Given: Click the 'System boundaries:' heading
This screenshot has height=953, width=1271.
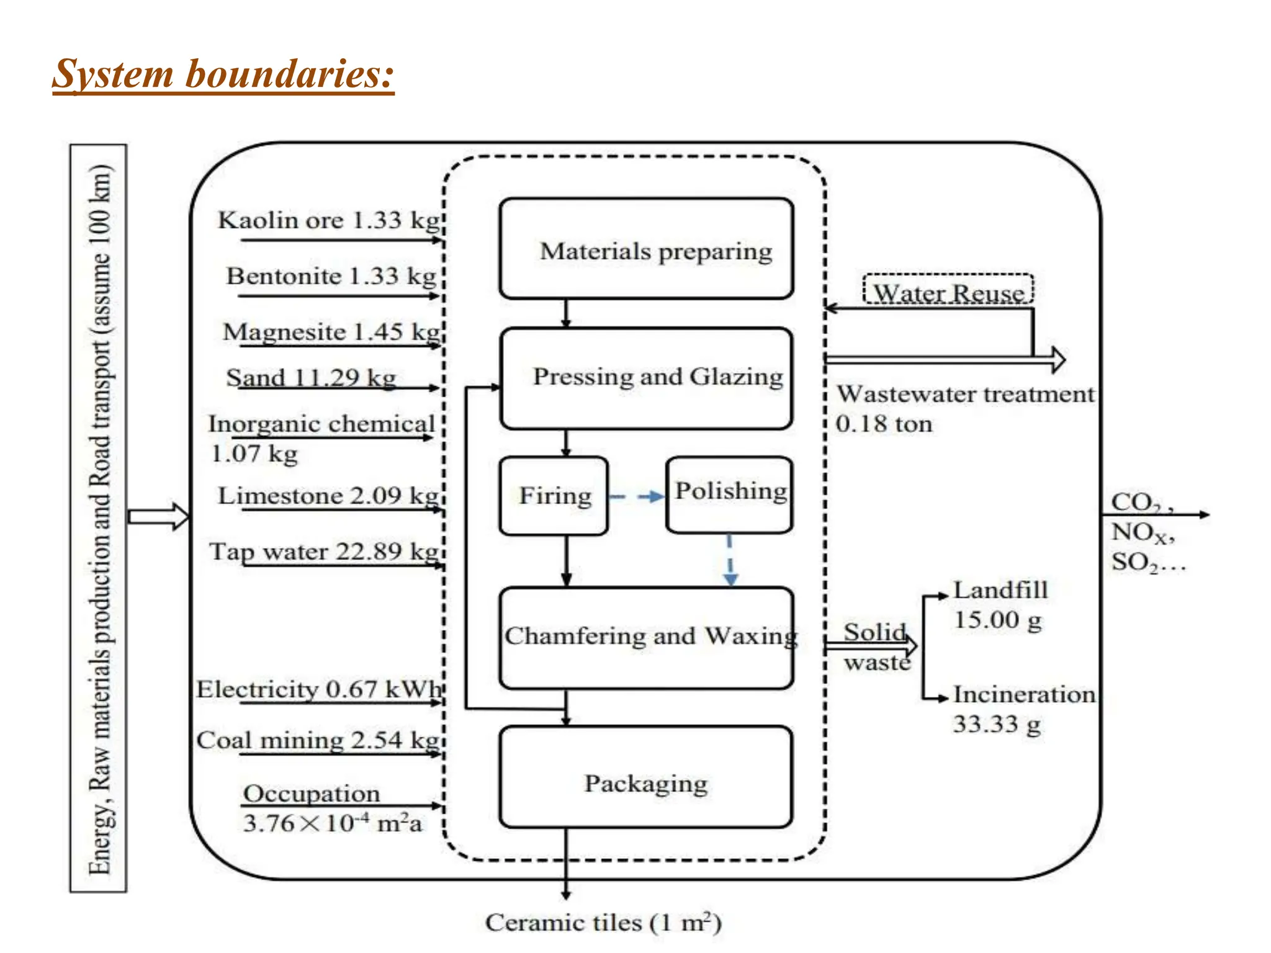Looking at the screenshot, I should (x=223, y=74).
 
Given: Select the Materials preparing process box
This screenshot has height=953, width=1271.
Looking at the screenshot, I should (x=646, y=249).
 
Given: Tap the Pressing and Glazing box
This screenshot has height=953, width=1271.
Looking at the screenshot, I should (x=646, y=378).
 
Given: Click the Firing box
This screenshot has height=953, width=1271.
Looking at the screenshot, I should (x=554, y=496).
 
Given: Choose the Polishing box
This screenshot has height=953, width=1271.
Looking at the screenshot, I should (x=729, y=494).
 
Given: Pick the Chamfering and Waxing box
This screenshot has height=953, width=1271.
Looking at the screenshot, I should (x=646, y=637).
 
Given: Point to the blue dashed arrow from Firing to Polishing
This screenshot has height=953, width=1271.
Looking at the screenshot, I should (x=636, y=496).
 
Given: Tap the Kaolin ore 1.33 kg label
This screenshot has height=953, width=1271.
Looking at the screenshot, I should (x=329, y=220).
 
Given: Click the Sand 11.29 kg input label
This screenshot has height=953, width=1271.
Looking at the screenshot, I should (x=310, y=377).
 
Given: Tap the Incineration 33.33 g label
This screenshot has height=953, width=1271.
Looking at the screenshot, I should (x=1023, y=709).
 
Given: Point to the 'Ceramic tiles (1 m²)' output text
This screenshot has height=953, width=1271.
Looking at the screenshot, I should (x=603, y=923).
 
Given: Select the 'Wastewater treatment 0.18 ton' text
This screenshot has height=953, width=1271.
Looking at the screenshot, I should (x=964, y=408).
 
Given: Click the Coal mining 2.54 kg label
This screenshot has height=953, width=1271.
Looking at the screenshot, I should (x=318, y=740).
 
